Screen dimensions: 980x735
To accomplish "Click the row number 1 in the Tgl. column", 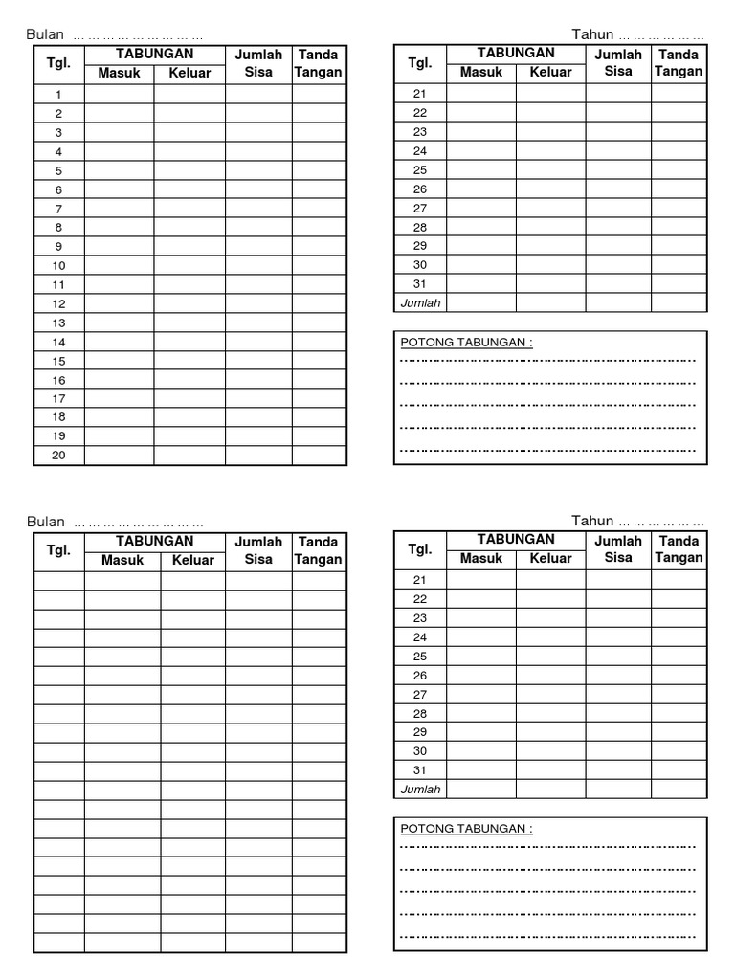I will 58,94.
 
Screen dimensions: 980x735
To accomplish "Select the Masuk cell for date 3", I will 120,132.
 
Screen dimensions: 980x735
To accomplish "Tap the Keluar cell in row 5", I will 189,170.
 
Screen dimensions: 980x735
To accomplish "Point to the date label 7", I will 58,209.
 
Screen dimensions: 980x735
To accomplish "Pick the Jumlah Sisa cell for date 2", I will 258,113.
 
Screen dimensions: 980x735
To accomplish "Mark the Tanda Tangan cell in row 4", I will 319,151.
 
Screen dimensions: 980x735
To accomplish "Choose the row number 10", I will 58,265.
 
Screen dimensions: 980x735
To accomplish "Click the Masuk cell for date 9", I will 120,246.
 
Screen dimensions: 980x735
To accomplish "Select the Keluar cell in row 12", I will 189,303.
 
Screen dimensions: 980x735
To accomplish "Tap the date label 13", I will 58,323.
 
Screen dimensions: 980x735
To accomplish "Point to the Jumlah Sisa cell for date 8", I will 258,227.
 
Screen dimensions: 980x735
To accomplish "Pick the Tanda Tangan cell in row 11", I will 319,284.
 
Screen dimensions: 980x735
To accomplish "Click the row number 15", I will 58,361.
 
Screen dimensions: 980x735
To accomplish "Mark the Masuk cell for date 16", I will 120,380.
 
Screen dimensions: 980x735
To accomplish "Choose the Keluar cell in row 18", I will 189,417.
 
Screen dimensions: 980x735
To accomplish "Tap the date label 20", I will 58,456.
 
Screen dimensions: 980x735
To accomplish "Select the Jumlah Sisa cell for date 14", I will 258,342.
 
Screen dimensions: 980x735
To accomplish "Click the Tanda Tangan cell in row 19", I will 319,436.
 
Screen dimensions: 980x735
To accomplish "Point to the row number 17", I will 58,398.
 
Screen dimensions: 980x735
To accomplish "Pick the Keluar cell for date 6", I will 189,189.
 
